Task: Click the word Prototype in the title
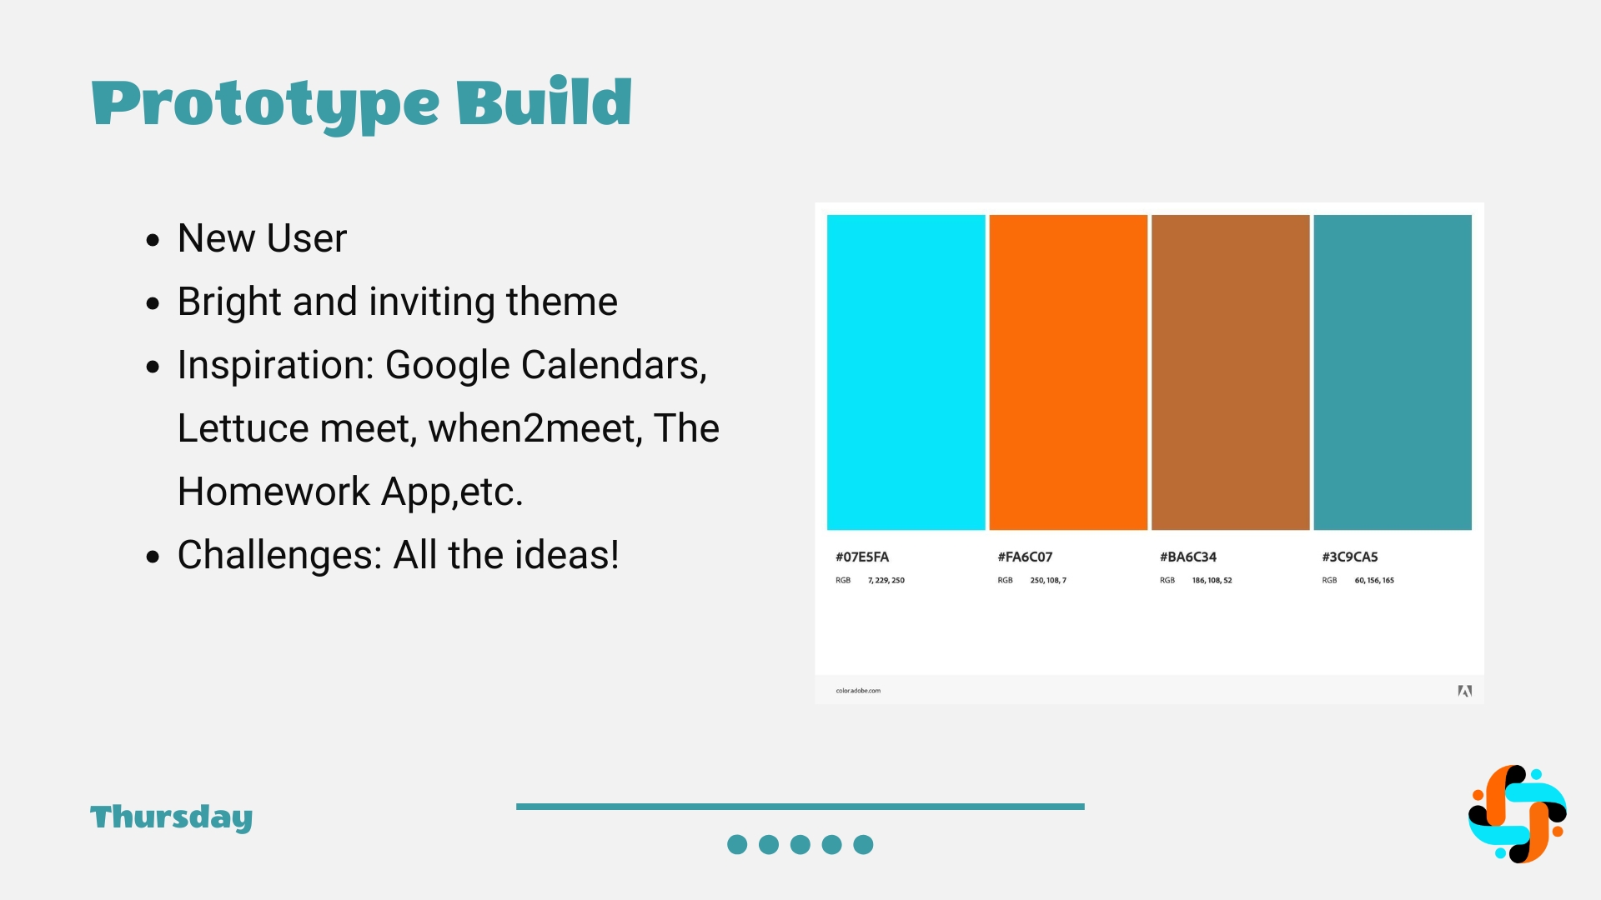point(265,105)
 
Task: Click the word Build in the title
point(544,101)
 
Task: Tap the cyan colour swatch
point(906,372)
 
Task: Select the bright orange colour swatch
point(1068,372)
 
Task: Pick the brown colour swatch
point(1230,372)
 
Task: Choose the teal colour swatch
point(1393,372)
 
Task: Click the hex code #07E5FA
point(862,557)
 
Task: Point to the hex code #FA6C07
point(1025,557)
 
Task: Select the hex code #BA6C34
point(1188,557)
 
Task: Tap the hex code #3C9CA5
point(1350,557)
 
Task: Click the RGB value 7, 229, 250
point(886,580)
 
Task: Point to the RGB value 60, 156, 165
point(1374,580)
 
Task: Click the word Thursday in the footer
point(172,818)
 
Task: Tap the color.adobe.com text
point(858,691)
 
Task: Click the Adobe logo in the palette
point(1464,691)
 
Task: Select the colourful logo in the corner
point(1517,814)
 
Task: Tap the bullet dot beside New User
point(152,241)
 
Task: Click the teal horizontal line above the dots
point(800,807)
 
